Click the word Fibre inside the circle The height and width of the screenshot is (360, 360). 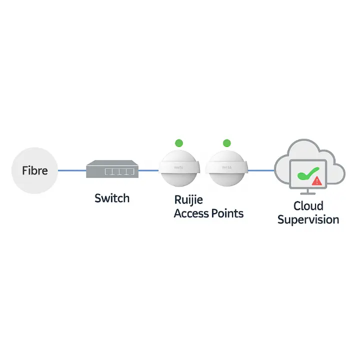pyautogui.click(x=35, y=170)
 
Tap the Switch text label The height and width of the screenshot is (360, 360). pyautogui.click(x=112, y=198)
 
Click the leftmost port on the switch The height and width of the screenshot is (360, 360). pyautogui.click(x=108, y=172)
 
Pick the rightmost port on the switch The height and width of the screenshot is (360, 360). pyautogui.click(x=131, y=172)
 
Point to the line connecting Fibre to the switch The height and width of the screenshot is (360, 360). pyautogui.click(x=72, y=170)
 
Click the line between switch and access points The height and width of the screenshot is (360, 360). pyautogui.click(x=148, y=170)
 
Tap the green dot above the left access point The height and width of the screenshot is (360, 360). pyautogui.click(x=179, y=143)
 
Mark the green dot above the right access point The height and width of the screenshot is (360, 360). pyautogui.click(x=226, y=143)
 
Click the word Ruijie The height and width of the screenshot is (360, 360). pyautogui.click(x=189, y=200)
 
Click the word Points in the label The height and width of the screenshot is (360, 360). pyautogui.click(x=227, y=213)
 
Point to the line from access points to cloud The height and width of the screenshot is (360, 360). pyautogui.click(x=261, y=170)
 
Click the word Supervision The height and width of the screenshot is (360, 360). pyautogui.click(x=308, y=219)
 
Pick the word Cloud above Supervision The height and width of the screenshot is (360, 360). pyautogui.click(x=308, y=205)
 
